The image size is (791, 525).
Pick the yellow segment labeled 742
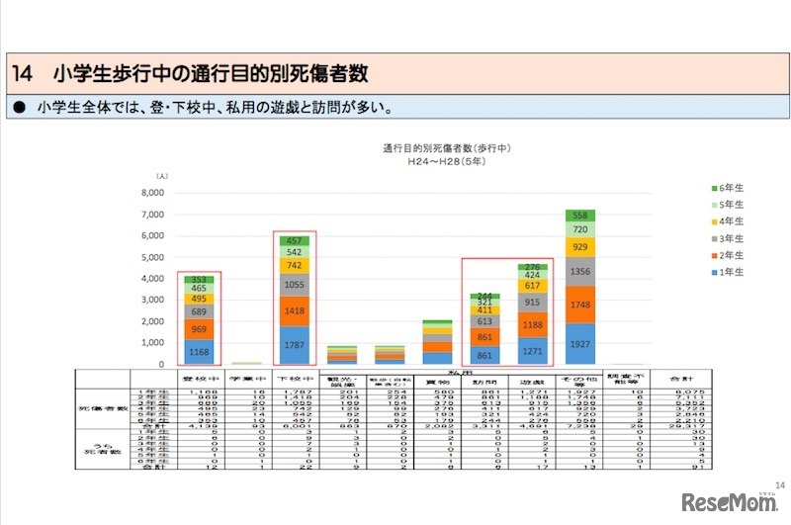(x=294, y=266)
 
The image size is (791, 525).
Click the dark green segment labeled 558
(x=579, y=217)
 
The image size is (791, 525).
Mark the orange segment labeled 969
(x=199, y=329)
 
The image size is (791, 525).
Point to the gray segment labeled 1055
(x=294, y=285)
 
